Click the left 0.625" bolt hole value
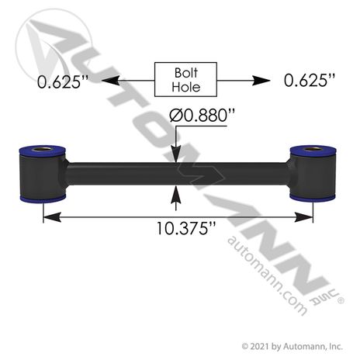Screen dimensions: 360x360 [63, 81]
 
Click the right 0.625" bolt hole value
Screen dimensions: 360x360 [310, 80]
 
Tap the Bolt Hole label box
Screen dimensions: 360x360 [185, 79]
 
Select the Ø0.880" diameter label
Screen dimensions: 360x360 [202, 116]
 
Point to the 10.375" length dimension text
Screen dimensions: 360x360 [186, 228]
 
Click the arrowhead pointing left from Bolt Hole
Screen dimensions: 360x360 [111, 81]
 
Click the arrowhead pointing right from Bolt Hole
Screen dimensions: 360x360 [261, 81]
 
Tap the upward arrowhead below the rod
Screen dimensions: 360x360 [176, 194]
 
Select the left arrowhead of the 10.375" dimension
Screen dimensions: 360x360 [52, 217]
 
